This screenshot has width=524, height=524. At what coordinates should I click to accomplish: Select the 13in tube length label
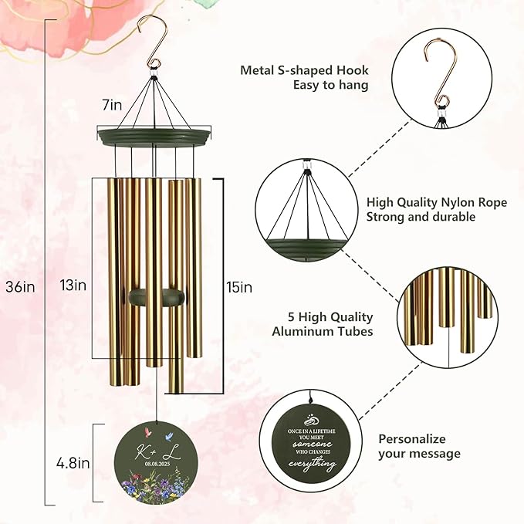[74, 285]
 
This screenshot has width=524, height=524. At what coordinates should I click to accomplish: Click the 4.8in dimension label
[74, 463]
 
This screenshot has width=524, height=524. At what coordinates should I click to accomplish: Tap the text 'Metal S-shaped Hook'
[304, 69]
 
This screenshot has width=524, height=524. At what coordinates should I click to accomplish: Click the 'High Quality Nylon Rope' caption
[437, 202]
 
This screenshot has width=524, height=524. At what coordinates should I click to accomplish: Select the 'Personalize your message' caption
[420, 445]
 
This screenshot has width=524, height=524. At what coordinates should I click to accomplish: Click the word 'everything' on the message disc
[313, 464]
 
